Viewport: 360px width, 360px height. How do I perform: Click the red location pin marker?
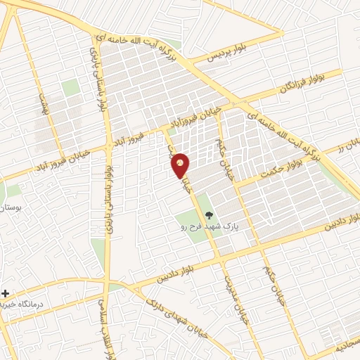[181, 165]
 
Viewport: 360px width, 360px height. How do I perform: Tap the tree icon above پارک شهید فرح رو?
[207, 215]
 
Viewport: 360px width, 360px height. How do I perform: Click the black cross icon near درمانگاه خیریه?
[6, 292]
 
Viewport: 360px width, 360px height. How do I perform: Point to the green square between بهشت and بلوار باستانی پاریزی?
[70, 87]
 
